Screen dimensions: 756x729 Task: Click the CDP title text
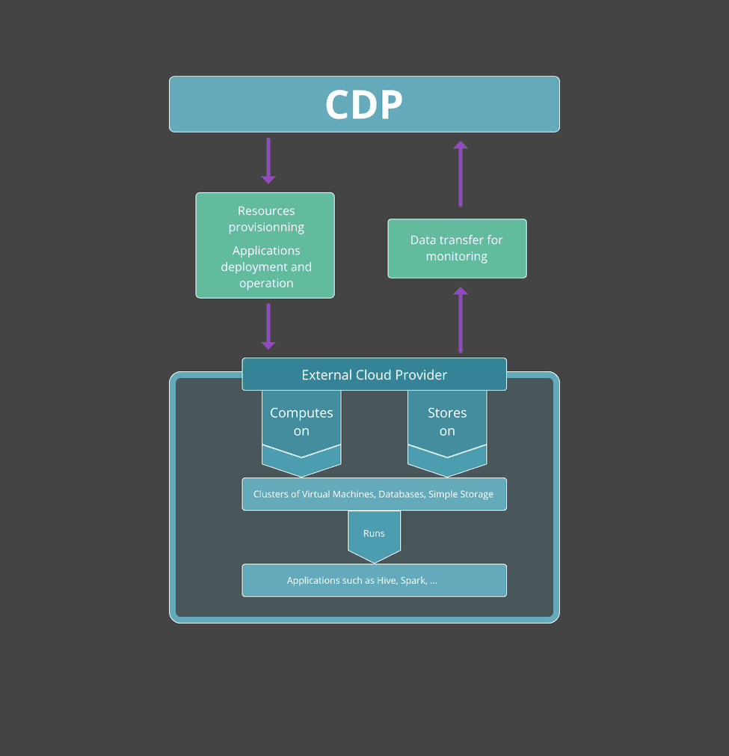click(364, 105)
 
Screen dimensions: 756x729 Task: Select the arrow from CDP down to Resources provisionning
click(268, 160)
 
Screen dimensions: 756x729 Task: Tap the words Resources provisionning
click(266, 219)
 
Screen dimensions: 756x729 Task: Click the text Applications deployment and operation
click(266, 267)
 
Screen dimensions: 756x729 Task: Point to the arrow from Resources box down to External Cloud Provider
click(268, 326)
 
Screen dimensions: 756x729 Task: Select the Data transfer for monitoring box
click(457, 249)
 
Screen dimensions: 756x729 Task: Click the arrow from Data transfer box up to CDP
click(461, 174)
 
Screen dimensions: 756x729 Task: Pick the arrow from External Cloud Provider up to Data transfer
click(461, 320)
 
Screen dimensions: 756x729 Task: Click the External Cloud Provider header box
click(374, 374)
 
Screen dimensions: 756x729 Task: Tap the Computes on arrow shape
click(301, 430)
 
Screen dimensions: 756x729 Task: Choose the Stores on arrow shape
click(447, 430)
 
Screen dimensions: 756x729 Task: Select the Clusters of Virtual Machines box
click(374, 494)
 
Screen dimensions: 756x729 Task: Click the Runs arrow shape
click(374, 535)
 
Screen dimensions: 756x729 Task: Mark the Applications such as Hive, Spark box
click(374, 580)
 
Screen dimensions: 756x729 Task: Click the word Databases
click(402, 494)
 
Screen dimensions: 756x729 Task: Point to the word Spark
click(413, 581)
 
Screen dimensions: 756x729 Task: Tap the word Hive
click(387, 581)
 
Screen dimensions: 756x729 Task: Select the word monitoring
click(457, 257)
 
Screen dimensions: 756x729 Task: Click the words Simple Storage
click(461, 494)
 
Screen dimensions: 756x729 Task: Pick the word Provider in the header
click(422, 375)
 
